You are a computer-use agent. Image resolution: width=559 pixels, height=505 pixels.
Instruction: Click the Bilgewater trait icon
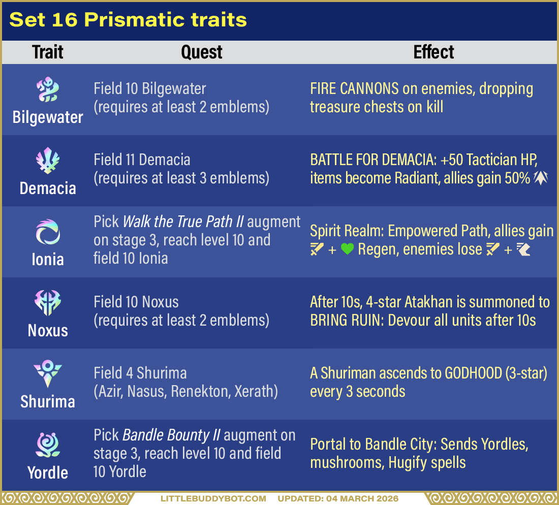[x=48, y=89]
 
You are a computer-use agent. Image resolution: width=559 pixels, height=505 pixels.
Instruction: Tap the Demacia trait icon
[x=48, y=160]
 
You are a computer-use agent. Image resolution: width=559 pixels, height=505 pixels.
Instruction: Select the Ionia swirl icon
[x=48, y=232]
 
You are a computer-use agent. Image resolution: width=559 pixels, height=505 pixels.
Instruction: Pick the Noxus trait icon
[x=48, y=303]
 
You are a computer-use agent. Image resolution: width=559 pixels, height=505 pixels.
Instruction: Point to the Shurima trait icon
[x=48, y=374]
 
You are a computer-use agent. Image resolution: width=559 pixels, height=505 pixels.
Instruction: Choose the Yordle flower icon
[x=48, y=445]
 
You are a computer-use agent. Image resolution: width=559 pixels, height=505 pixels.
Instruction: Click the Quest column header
[x=202, y=52]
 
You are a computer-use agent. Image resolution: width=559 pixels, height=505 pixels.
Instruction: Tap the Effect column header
[x=433, y=52]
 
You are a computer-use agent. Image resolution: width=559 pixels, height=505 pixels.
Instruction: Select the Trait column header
[x=48, y=52]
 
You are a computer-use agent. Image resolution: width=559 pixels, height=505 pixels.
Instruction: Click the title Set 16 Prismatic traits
[x=128, y=20]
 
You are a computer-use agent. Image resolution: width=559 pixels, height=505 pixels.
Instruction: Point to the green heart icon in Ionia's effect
[x=347, y=249]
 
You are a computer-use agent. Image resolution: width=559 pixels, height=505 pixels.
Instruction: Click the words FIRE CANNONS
[x=354, y=88]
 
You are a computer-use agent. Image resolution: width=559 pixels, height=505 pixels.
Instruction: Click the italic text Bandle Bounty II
[x=172, y=435]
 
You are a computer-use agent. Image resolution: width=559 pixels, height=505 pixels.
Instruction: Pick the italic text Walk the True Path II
[x=183, y=222]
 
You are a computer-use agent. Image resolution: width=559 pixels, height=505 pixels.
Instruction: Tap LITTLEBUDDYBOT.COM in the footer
[x=213, y=498]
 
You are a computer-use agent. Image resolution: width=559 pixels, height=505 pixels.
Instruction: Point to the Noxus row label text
[x=48, y=331]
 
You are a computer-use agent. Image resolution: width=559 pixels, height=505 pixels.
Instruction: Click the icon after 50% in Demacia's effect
[x=541, y=178]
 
